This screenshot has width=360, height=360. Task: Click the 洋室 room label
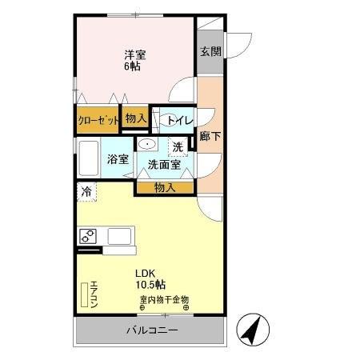pos(134,54)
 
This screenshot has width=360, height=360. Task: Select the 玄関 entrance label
pos(210,50)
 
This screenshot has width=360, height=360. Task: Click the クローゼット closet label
pos(98,120)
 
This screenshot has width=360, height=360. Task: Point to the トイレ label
pos(177,120)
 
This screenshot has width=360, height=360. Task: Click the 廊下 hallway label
pos(210,136)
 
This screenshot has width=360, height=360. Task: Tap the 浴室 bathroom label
pos(118,158)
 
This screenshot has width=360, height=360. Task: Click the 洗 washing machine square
pos(178,146)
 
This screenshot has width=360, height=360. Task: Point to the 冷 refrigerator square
pos(86,192)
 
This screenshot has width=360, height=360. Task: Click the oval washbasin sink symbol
pos(147,144)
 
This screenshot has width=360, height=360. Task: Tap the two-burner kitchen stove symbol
pos(87,236)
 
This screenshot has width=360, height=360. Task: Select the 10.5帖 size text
pos(150,284)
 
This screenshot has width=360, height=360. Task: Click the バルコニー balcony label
pos(151,331)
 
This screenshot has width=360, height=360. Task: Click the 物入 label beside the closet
pos(135,118)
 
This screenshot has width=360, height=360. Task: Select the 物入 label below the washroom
pos(165,187)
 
